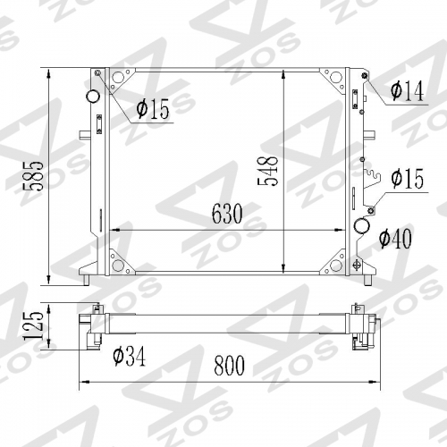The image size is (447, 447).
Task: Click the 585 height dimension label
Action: click(33, 176)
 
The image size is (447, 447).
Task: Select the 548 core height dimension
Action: click(267, 171)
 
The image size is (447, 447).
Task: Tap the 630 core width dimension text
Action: click(227, 214)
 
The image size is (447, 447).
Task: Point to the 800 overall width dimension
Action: click(229, 366)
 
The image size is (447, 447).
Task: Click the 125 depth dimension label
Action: click(33, 325)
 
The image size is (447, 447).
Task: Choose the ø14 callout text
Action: click(407, 91)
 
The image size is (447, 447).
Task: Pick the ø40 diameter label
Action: click(395, 239)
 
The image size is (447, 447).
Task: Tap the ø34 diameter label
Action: click(130, 356)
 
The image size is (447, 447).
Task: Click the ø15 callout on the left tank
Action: click(153, 109)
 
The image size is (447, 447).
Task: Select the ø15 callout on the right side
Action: click(407, 178)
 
